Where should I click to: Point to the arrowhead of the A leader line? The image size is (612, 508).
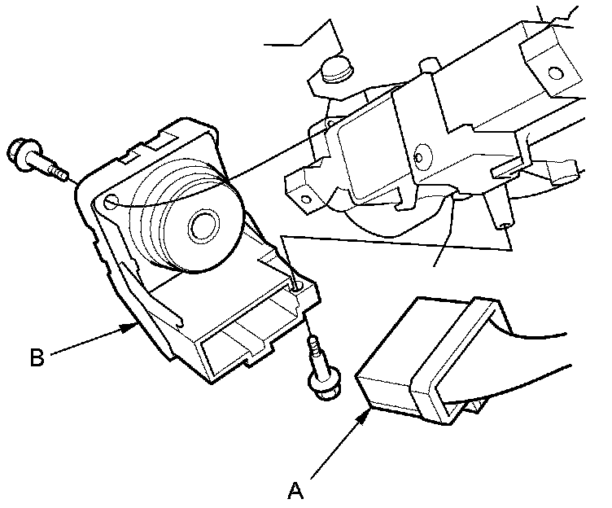point(369,414)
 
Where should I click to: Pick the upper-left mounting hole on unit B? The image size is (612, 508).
point(111,199)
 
